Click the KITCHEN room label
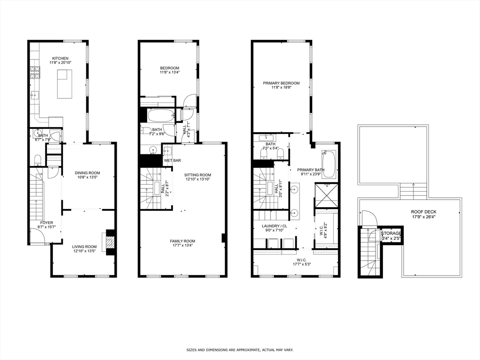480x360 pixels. [x=60, y=59]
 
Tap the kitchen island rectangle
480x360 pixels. [x=65, y=84]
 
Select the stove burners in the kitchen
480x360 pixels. [x=35, y=72]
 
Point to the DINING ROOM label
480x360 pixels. [x=88, y=173]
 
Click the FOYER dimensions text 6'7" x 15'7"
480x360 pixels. [x=46, y=227]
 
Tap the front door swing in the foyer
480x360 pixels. [x=37, y=237]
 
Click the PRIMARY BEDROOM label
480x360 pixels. [x=281, y=83]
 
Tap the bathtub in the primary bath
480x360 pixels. [x=329, y=164]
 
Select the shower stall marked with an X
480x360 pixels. [x=326, y=194]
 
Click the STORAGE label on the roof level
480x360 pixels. [x=391, y=233]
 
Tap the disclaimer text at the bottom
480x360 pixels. [x=240, y=350]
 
